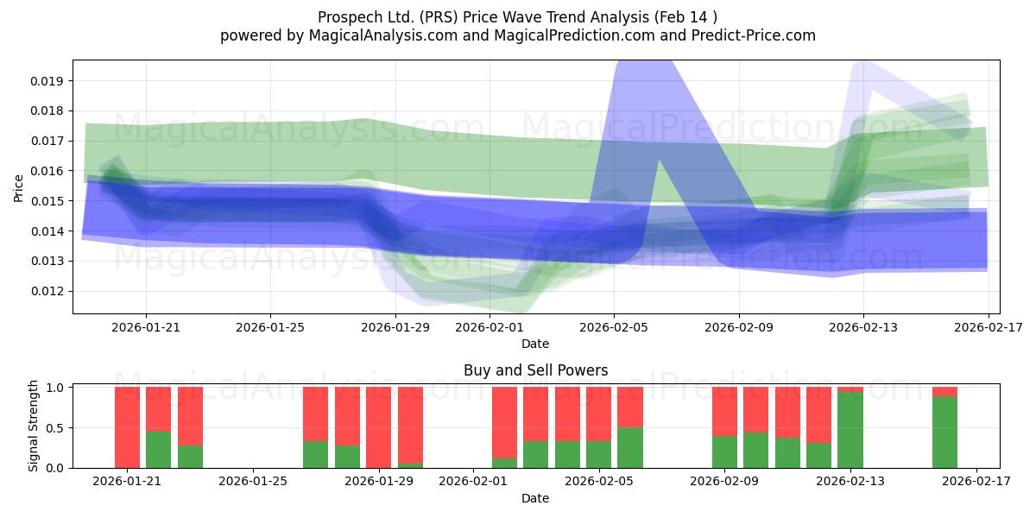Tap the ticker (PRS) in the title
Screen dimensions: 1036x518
(x=439, y=17)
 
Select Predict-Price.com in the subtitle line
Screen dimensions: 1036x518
(x=754, y=35)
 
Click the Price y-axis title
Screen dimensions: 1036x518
(x=18, y=188)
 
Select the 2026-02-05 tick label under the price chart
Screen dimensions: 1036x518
(x=614, y=327)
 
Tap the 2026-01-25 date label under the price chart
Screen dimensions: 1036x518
(x=270, y=327)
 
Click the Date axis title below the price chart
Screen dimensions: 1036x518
(x=535, y=344)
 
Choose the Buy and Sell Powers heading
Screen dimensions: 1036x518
(x=535, y=370)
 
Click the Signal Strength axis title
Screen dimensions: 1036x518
(x=33, y=426)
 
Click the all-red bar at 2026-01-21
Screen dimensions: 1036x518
(x=127, y=427)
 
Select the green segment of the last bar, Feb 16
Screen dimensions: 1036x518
(x=944, y=433)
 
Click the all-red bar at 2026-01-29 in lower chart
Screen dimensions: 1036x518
(x=378, y=427)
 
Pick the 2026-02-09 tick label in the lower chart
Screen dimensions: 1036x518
(x=724, y=482)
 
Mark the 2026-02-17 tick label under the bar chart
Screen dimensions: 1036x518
(x=976, y=482)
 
